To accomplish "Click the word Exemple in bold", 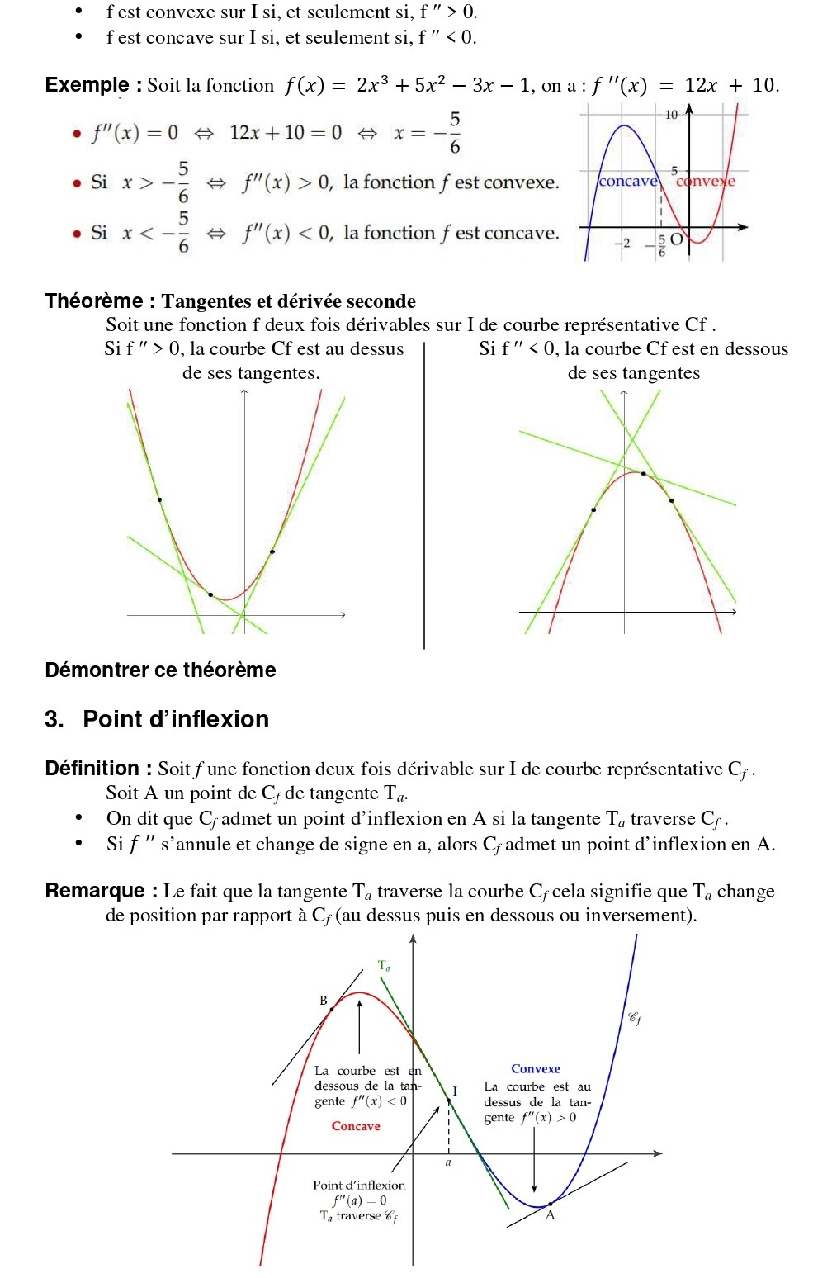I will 87,85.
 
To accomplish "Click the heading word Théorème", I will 94,301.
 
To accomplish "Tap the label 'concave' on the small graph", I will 628,182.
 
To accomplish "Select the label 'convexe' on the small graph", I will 706,182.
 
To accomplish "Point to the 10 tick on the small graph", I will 671,115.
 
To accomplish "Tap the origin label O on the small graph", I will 676,239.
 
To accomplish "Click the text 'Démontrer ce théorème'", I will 160,670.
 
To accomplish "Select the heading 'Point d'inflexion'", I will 176,719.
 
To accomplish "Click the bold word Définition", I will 92,769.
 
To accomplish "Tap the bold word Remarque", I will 95,891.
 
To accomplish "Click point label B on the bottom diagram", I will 324,1001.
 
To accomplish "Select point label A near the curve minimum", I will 551,1215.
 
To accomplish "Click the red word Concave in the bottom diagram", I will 356,1126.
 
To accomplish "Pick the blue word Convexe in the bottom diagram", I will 536,1069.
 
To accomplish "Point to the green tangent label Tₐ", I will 384,965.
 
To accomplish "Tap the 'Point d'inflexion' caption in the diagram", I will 359,1185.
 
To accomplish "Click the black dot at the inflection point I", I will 449,1100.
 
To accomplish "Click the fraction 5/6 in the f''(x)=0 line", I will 455,133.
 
